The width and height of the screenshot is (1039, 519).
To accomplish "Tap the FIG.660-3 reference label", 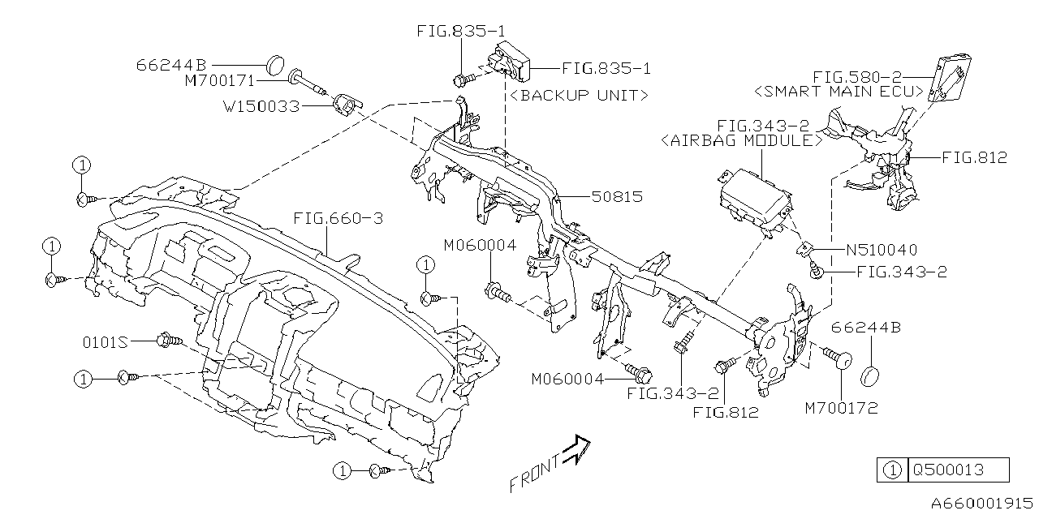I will pyautogui.click(x=338, y=219).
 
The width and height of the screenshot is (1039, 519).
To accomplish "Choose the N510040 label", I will pyautogui.click(x=882, y=251).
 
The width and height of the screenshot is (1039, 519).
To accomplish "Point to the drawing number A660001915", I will pyautogui.click(x=981, y=503).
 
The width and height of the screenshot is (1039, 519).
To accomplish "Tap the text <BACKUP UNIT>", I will pyautogui.click(x=578, y=95).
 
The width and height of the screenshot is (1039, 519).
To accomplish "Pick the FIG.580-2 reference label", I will pyautogui.click(x=861, y=75).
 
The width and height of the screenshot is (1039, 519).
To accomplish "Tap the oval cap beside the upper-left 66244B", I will pyautogui.click(x=277, y=62).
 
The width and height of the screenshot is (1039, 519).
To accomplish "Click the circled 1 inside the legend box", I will pyautogui.click(x=890, y=470).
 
